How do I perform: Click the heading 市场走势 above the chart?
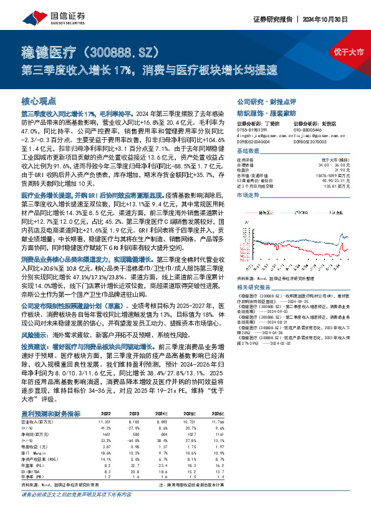tap(249, 195)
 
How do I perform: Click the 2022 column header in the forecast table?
tap(105, 413)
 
